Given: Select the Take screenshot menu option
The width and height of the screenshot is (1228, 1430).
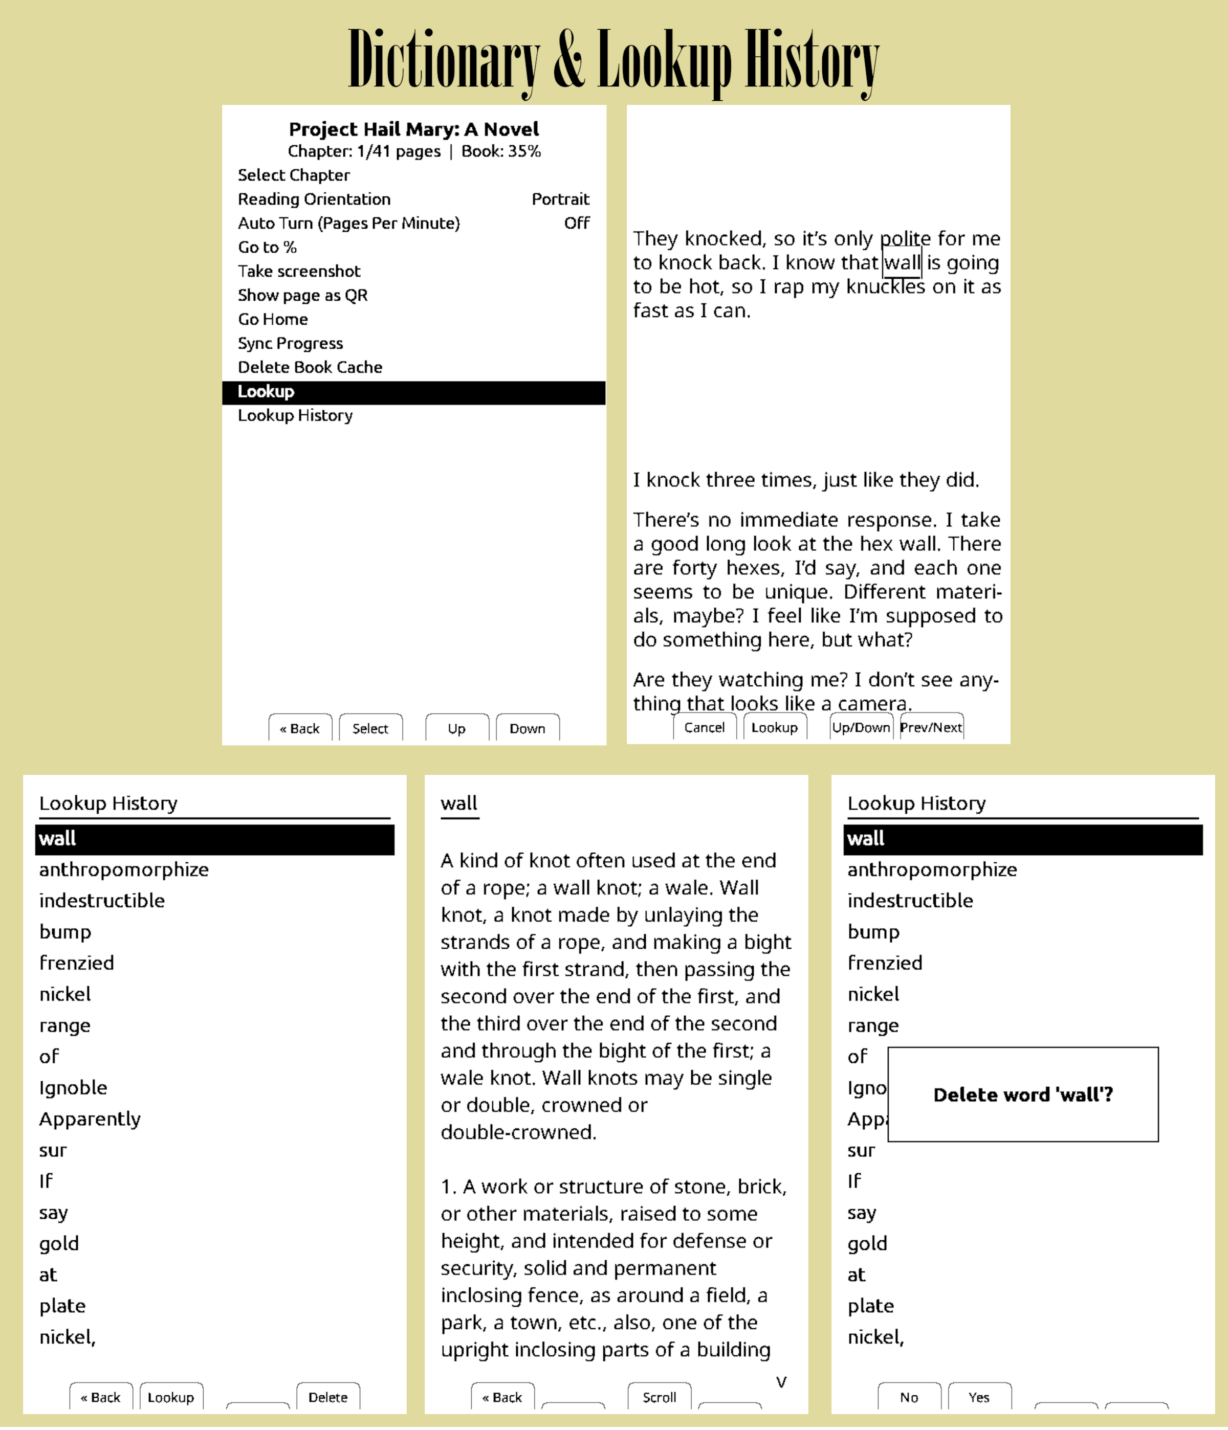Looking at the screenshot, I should (299, 271).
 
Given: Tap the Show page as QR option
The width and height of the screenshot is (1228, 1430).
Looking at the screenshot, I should (302, 296).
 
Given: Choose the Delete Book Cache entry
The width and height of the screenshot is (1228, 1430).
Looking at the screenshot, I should (310, 367).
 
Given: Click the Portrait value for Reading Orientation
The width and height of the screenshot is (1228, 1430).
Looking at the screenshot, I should (560, 199).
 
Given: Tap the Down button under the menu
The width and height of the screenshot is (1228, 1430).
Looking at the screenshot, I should (528, 729).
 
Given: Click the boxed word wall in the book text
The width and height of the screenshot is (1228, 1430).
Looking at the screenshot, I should (902, 263).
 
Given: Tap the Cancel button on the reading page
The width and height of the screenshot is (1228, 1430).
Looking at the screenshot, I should (704, 727).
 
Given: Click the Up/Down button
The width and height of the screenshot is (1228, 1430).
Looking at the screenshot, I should (861, 727).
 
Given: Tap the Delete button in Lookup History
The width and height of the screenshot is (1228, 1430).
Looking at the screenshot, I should (328, 1397).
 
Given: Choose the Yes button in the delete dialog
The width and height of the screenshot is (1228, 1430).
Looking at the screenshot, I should (979, 1397).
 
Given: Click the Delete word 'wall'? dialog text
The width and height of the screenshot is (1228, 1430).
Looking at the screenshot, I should (1022, 1094).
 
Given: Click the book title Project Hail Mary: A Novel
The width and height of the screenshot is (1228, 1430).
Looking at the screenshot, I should (413, 129).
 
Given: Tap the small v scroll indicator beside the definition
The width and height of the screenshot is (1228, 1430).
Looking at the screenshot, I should (781, 1382).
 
